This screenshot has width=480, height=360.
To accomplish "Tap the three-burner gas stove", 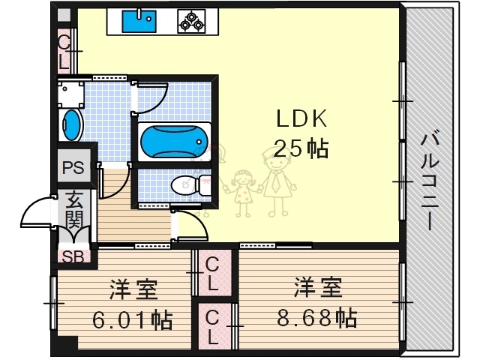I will click(190, 22).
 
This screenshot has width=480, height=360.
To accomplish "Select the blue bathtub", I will click(172, 139).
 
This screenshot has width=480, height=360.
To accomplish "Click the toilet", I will click(187, 184).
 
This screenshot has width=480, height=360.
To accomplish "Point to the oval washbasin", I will click(71, 124).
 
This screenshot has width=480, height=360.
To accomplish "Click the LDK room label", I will click(301, 119).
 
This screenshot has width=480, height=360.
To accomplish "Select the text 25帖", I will click(301, 148).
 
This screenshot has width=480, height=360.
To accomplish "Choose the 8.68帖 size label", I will click(314, 318).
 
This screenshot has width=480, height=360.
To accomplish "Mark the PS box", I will click(73, 166).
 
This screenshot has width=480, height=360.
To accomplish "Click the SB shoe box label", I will click(72, 256).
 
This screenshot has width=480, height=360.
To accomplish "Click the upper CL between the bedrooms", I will click(213, 274).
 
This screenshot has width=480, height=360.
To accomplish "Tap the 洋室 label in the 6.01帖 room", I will click(133, 289).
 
